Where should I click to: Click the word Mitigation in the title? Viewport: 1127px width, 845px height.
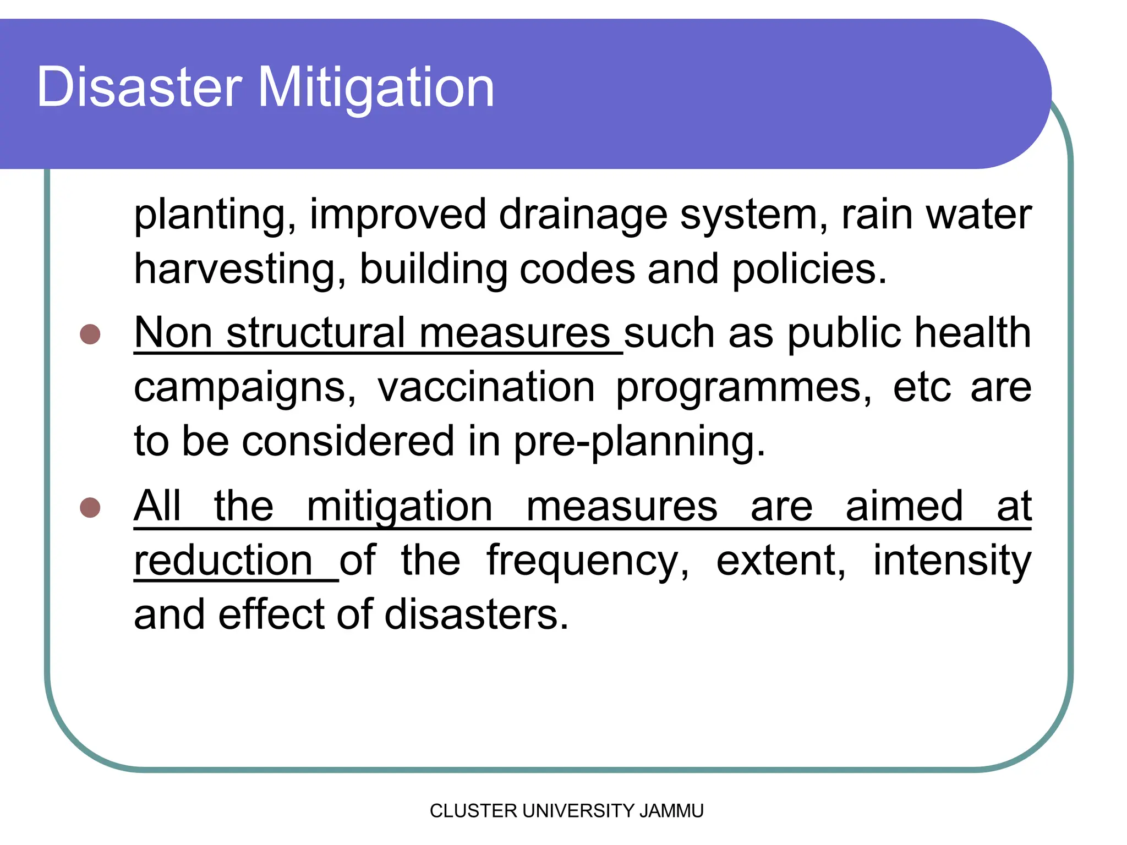pos(376,88)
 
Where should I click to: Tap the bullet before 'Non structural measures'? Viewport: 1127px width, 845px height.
pos(90,334)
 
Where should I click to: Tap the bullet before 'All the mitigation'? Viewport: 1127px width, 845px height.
pos(90,507)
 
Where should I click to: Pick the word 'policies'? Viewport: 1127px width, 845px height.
pos(808,270)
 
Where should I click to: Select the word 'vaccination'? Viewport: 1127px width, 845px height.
pos(486,387)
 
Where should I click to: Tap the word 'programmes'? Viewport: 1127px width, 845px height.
pos(743,388)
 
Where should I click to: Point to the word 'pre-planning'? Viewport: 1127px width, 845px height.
pos(639,442)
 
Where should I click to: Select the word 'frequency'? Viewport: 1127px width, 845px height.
pos(587,561)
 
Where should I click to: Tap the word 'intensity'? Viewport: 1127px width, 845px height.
pos(952,561)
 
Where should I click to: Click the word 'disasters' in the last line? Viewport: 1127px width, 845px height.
pos(476,614)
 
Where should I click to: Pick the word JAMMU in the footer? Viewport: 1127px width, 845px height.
pos(671,811)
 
